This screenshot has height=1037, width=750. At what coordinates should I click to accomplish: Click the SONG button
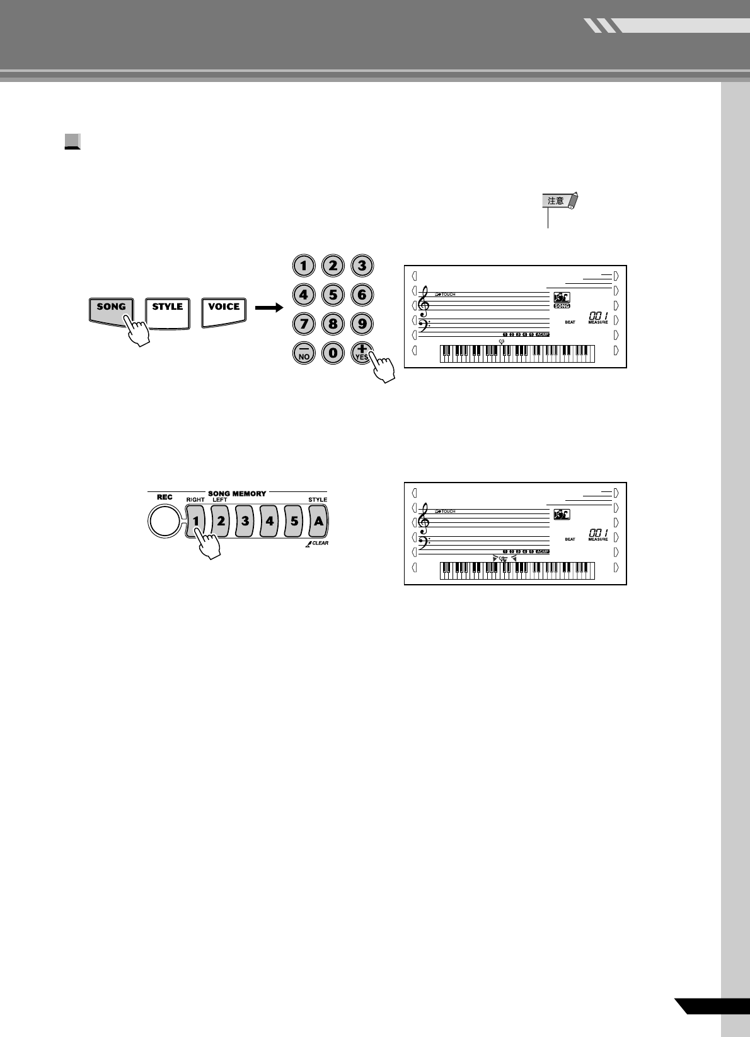point(111,307)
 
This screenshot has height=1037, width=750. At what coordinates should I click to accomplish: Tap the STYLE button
point(167,307)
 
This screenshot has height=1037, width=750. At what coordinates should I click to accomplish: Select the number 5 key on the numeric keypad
point(333,295)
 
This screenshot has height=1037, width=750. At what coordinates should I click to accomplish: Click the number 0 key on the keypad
point(333,353)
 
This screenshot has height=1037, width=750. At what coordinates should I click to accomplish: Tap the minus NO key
point(304,353)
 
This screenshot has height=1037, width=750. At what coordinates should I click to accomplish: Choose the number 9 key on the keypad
point(362,324)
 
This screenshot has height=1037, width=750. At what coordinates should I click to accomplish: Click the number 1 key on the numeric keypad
point(304,266)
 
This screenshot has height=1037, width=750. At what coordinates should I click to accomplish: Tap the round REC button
point(164,522)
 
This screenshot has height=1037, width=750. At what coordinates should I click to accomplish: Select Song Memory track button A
point(319,522)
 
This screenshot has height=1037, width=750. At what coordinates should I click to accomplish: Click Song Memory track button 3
point(245,522)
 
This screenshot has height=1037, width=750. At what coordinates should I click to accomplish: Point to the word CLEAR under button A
point(320,543)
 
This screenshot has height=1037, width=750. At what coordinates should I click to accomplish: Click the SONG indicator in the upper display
point(561,306)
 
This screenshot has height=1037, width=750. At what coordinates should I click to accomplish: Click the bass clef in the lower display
point(427,541)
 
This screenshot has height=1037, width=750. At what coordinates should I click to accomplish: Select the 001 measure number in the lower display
point(599,532)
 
